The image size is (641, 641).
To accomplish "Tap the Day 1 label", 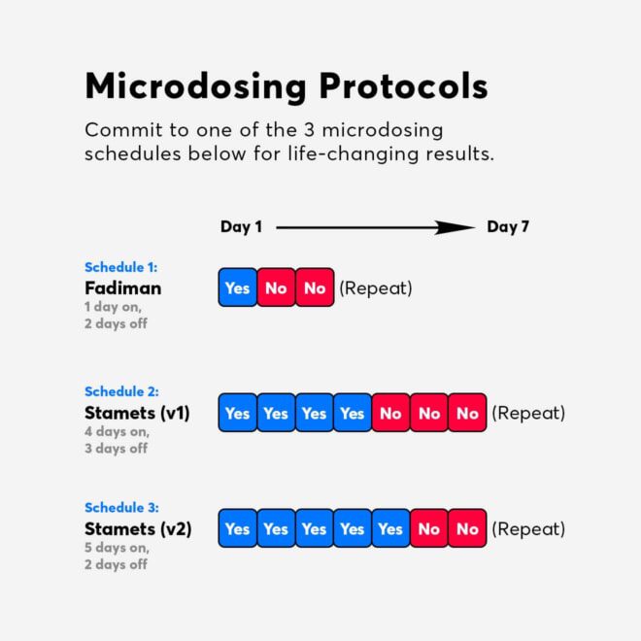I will pyautogui.click(x=241, y=227).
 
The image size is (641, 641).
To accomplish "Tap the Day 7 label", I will pyautogui.click(x=508, y=227).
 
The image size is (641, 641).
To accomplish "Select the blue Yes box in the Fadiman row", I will pyautogui.click(x=237, y=287).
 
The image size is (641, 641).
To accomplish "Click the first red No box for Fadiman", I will pyautogui.click(x=276, y=287).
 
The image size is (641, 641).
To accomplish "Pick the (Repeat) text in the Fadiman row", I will pyautogui.click(x=376, y=287).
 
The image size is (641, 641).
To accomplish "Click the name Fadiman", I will pyautogui.click(x=122, y=287).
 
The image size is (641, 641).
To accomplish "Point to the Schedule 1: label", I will pyautogui.click(x=120, y=267).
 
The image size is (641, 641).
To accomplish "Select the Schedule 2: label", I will pyautogui.click(x=121, y=392).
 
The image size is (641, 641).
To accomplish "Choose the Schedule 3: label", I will pyautogui.click(x=121, y=508).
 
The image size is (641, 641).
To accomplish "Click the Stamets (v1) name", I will pyautogui.click(x=137, y=413).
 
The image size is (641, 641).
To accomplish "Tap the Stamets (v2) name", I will pyautogui.click(x=138, y=529).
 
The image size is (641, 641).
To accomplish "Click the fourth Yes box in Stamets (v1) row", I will pyautogui.click(x=353, y=413).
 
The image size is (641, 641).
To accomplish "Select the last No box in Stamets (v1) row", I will pyautogui.click(x=467, y=413).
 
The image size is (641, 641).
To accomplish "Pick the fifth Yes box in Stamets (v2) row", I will pyautogui.click(x=390, y=529).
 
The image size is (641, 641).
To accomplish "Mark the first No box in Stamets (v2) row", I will pyautogui.click(x=429, y=529).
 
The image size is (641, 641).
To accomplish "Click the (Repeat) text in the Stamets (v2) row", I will pyautogui.click(x=528, y=529).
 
